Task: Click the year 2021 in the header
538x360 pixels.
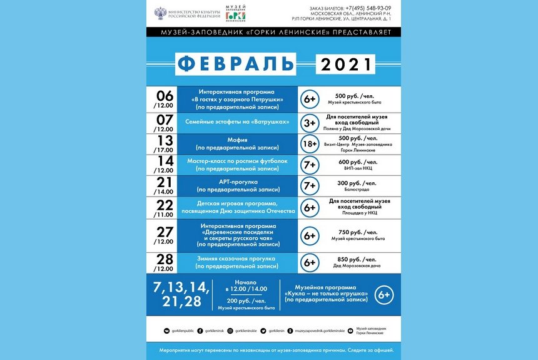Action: click(x=345, y=64)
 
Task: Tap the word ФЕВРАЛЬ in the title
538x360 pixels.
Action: click(x=235, y=64)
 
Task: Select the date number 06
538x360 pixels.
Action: click(x=165, y=95)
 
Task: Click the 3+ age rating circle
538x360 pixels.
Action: click(x=310, y=123)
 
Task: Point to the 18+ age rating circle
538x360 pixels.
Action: click(x=310, y=144)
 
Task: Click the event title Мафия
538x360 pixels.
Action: click(x=236, y=140)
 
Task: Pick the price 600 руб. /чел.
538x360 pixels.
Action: click(x=357, y=162)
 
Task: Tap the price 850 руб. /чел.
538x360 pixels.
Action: click(x=357, y=259)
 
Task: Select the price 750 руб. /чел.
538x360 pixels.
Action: click(x=357, y=232)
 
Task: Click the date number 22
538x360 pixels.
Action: click(x=165, y=205)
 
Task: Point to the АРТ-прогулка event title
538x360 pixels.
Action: click(x=236, y=182)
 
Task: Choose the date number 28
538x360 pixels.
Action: click(x=165, y=259)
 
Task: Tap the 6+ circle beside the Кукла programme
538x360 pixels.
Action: click(x=383, y=294)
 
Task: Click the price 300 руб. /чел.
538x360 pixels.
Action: click(x=357, y=182)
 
